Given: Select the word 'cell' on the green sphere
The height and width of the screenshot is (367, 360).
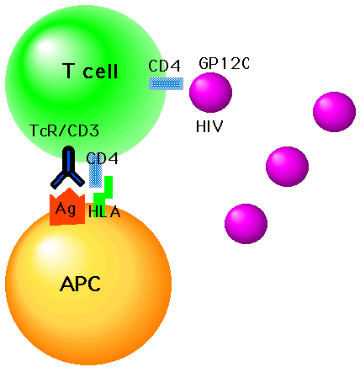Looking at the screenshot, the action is (x=100, y=71).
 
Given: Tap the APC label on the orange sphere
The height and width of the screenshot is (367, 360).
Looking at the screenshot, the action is (x=80, y=284).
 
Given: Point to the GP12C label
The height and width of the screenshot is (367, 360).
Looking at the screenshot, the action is (x=224, y=63).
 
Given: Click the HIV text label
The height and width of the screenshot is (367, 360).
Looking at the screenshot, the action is (x=209, y=126).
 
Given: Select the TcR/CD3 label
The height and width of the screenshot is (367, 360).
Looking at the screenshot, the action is (x=64, y=130).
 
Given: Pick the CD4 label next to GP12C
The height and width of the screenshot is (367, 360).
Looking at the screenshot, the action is (x=164, y=66).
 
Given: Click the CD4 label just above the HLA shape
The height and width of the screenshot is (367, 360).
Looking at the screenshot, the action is (x=103, y=158).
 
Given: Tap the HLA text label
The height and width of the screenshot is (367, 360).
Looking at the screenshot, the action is (x=104, y=212).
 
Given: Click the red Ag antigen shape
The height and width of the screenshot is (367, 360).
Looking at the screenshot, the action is (x=67, y=206).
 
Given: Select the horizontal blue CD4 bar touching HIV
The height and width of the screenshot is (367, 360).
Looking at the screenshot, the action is (x=166, y=84).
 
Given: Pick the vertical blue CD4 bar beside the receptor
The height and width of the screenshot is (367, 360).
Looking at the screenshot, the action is (x=95, y=174).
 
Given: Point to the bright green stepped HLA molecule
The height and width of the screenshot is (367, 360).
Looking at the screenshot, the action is (x=103, y=191).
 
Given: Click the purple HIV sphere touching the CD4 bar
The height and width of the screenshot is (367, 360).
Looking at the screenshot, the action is (x=210, y=93).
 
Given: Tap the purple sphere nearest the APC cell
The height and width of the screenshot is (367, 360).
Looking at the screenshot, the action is (x=246, y=224).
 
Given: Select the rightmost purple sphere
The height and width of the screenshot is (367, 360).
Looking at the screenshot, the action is (x=334, y=112).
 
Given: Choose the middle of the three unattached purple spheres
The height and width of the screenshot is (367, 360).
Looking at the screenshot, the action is (x=287, y=167).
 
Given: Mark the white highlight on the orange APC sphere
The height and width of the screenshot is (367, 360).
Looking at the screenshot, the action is (x=49, y=247).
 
